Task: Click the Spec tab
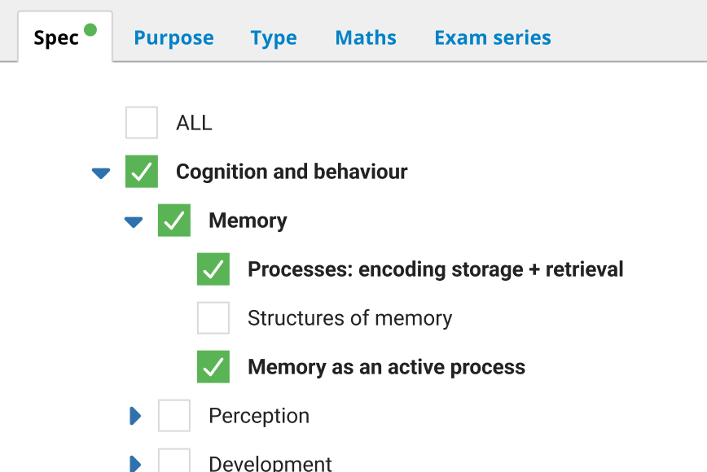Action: pyautogui.click(x=56, y=38)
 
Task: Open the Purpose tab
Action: pyautogui.click(x=173, y=38)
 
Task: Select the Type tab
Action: pyautogui.click(x=274, y=38)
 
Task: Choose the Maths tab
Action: pyautogui.click(x=366, y=38)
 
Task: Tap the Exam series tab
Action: pyautogui.click(x=492, y=38)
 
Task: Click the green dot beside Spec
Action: pyautogui.click(x=90, y=30)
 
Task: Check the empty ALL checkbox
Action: pyautogui.click(x=142, y=123)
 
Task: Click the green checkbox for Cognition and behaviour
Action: pyautogui.click(x=142, y=172)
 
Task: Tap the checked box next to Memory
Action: pyautogui.click(x=174, y=221)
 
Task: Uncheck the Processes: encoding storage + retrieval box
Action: pyautogui.click(x=213, y=269)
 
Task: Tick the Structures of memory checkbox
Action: pyautogui.click(x=213, y=318)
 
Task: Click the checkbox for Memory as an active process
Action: pyautogui.click(x=213, y=367)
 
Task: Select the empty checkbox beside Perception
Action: pyautogui.click(x=174, y=416)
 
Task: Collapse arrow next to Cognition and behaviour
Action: pyautogui.click(x=101, y=173)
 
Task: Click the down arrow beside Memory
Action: pyautogui.click(x=134, y=222)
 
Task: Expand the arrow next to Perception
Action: pyautogui.click(x=135, y=416)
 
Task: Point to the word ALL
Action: pyautogui.click(x=194, y=123)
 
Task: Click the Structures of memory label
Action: pyautogui.click(x=349, y=318)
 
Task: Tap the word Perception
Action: pyautogui.click(x=259, y=416)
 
